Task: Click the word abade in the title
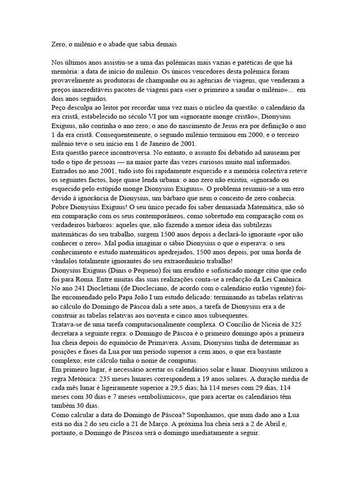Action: click(x=120, y=45)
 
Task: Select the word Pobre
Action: click(x=61, y=207)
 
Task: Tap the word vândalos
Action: click(x=66, y=261)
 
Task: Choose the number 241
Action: click(x=84, y=288)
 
